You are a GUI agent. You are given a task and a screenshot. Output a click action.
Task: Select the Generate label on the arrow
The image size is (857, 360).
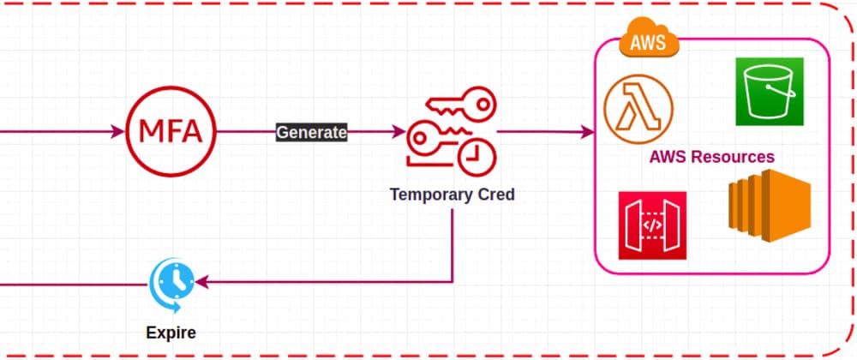pyautogui.click(x=311, y=132)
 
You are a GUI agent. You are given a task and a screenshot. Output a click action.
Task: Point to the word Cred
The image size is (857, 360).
pyautogui.click(x=497, y=195)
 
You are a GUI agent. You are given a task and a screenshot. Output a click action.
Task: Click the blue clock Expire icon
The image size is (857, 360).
pyautogui.click(x=172, y=282)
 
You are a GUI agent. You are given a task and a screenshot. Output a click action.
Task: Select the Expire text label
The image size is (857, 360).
pyautogui.click(x=171, y=331)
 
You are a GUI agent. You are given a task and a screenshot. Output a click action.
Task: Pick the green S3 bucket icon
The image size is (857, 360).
pyautogui.click(x=770, y=92)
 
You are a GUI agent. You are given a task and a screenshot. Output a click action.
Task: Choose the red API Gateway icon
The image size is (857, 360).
pyautogui.click(x=652, y=225)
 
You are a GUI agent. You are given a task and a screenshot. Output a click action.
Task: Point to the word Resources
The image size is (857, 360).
pyautogui.click(x=736, y=158)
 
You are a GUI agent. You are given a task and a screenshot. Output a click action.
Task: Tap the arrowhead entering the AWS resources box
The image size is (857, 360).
pyautogui.click(x=590, y=132)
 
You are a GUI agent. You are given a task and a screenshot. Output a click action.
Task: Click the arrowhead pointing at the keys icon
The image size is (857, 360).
pyautogui.click(x=399, y=132)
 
